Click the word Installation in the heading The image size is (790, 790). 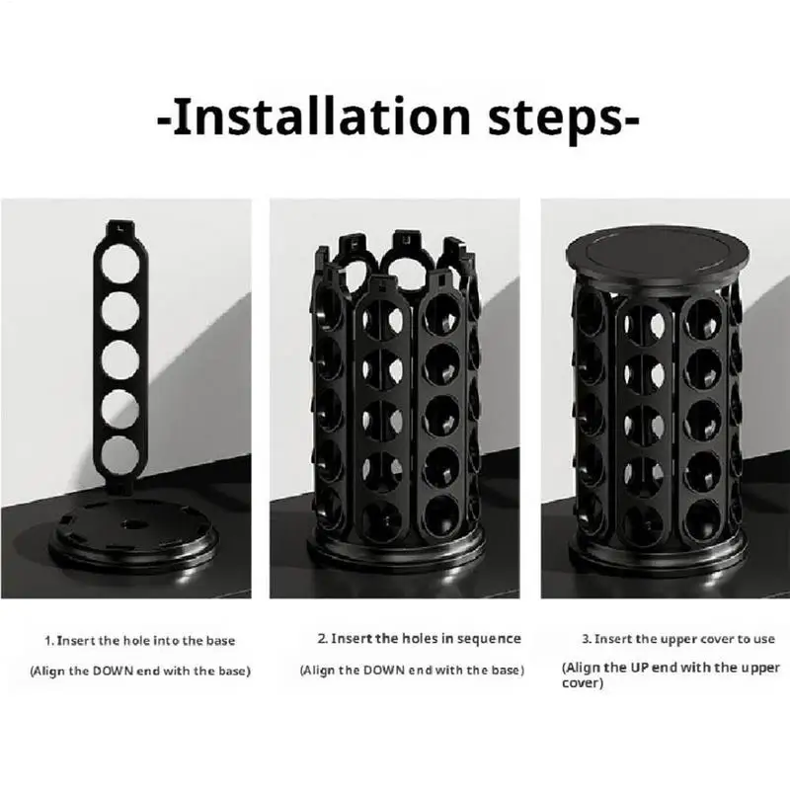pos(322,117)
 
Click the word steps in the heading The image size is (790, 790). pos(556,119)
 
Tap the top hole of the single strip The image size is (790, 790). pos(119,263)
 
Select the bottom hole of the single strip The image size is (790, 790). pos(119,456)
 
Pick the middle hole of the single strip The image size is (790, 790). pos(119,359)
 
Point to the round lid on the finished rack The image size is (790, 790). pos(658,261)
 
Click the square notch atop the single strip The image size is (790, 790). pos(119,227)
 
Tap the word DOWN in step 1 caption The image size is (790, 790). pos(113,671)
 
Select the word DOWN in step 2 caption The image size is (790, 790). pos(383,671)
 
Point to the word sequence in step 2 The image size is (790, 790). pos(489,639)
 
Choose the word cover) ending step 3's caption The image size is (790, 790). pos(583,683)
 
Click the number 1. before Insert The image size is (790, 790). pos(49,641)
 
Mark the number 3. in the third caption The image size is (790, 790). pos(587,639)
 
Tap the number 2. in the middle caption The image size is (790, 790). pos(323,638)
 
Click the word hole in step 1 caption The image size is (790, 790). pos(136,641)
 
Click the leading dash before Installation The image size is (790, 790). pos(165,120)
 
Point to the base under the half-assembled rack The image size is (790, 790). pos(396,552)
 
